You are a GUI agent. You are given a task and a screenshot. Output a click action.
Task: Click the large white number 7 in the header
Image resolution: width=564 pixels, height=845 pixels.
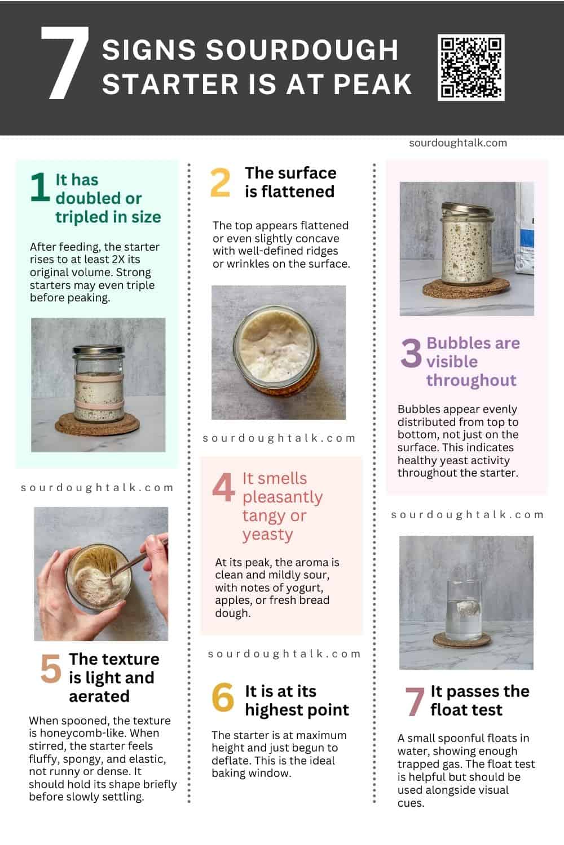click(65, 63)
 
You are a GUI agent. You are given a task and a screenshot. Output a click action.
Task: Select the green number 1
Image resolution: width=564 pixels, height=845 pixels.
click(39, 188)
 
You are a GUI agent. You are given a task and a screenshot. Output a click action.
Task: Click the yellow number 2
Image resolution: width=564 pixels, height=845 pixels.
click(220, 183)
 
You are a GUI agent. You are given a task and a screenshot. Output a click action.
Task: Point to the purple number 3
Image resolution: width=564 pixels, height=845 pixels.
click(411, 353)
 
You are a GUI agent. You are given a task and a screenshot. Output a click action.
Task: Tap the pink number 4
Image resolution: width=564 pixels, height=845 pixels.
click(223, 487)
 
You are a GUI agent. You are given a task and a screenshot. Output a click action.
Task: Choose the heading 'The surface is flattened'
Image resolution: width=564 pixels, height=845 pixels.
click(290, 182)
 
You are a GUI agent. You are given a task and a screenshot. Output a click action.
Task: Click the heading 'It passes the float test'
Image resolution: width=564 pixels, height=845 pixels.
click(479, 700)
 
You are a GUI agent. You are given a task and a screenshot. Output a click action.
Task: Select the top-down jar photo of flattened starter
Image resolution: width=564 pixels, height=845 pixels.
click(279, 352)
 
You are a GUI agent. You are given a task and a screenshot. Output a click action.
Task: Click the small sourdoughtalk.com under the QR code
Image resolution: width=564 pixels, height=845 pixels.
click(458, 143)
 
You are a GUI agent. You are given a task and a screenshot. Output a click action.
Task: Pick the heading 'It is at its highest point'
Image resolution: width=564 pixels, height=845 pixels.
click(297, 700)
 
